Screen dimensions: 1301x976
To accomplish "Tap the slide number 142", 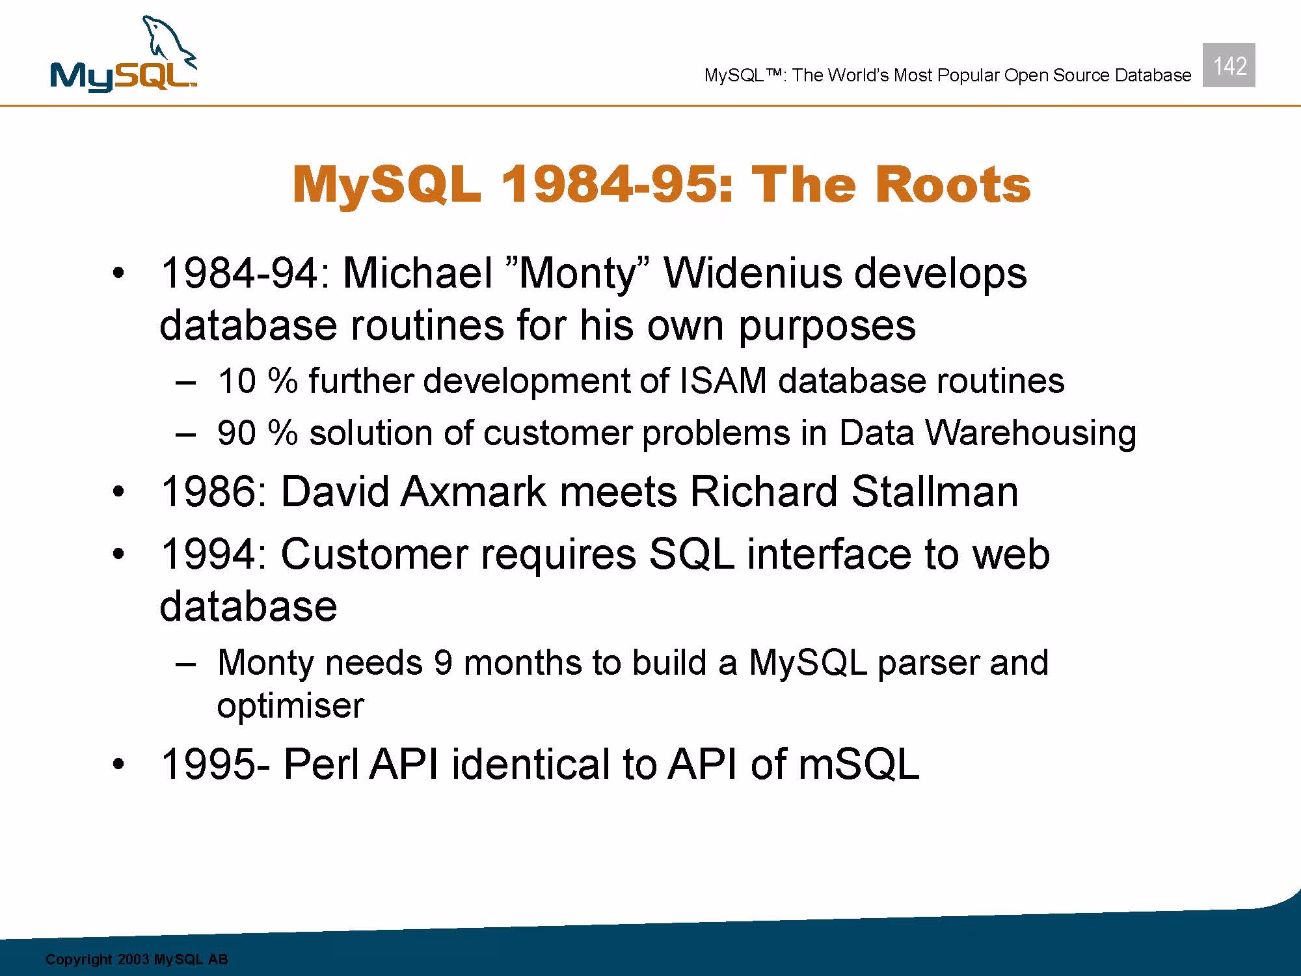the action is [1229, 66].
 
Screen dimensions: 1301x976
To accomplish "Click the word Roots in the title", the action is [952, 185].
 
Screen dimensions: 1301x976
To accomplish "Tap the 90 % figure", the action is [258, 433].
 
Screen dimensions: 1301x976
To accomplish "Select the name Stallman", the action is [935, 491].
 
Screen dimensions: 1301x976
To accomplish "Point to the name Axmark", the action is [473, 491].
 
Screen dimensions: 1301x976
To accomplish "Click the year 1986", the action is [208, 491].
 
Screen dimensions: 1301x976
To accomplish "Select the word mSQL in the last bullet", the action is [859, 764].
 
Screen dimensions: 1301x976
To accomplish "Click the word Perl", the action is [321, 764].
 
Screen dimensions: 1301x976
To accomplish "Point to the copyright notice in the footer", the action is [137, 959].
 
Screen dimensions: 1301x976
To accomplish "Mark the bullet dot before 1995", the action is [117, 765].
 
